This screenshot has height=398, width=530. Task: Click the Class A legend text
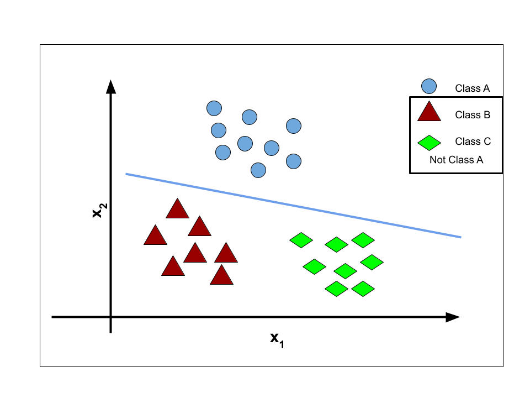pos(472,88)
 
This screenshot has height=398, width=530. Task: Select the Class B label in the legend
pos(473,115)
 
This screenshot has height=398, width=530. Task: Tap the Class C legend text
pos(473,141)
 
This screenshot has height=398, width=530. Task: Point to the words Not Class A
pos(457,160)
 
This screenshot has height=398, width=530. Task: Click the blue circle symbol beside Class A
pos(429,86)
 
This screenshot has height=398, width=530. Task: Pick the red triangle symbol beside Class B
pos(430,111)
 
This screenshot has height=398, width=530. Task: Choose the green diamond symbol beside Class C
pos(430,143)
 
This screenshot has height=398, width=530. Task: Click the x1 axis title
pos(277,340)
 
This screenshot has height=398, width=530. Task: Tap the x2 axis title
pos(100,211)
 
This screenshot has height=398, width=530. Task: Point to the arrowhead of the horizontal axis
pos(453,317)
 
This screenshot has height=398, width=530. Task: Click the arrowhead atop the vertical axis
pos(111,87)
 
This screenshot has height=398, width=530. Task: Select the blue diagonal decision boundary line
pos(293,206)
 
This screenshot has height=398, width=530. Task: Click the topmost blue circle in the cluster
pos(214,108)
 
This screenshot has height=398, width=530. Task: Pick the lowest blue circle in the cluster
pos(258,170)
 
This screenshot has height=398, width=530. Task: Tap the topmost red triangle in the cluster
pos(177,208)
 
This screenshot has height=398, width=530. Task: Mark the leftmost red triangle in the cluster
pos(156,235)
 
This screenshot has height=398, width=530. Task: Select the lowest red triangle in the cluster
pos(222,275)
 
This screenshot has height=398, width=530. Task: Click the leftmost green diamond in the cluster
pos(301,240)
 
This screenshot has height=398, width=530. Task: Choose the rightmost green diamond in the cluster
pos(372,262)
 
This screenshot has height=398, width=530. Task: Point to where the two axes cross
pos(111,317)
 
